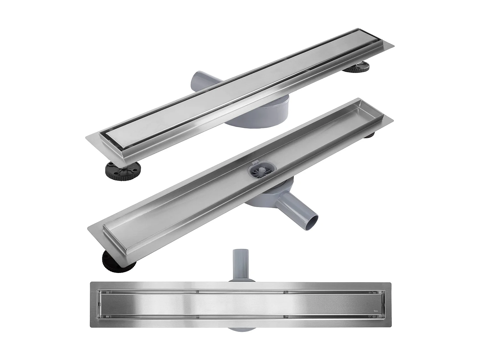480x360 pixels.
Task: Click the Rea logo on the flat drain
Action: click(x=376, y=311)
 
